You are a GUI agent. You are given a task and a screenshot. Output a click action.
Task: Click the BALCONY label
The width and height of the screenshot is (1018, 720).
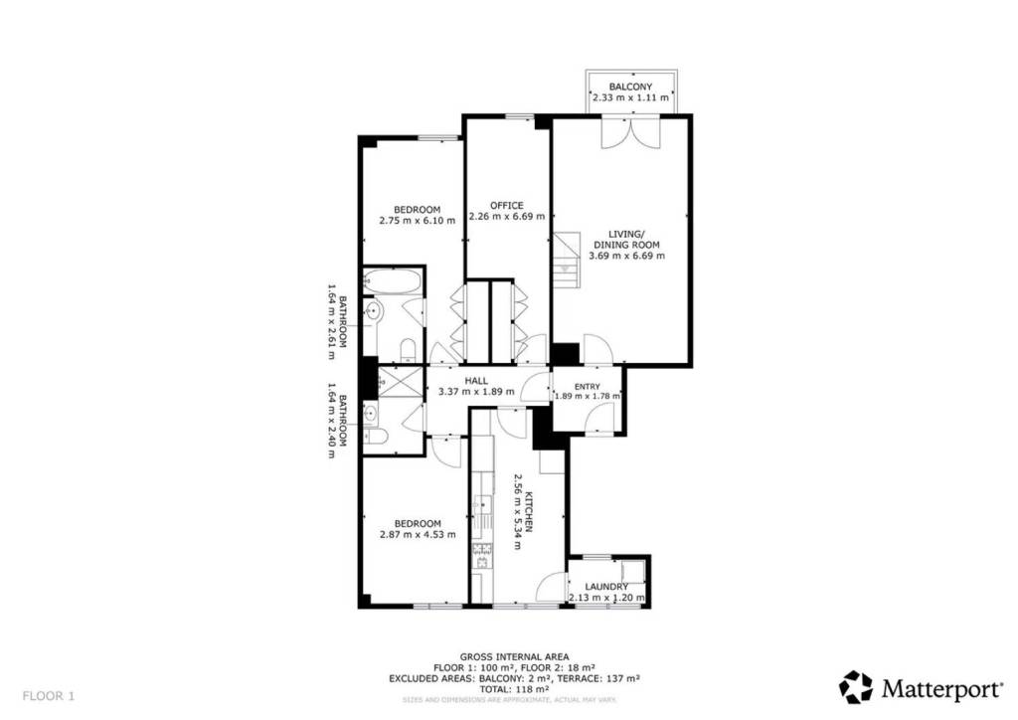[x=630, y=87]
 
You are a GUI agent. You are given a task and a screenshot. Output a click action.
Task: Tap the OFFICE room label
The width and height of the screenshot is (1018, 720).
[x=506, y=205]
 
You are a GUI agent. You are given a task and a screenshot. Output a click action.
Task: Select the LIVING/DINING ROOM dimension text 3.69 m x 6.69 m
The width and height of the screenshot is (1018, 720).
[x=626, y=256]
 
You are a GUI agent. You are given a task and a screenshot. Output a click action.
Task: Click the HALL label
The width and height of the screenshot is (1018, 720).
[x=476, y=381]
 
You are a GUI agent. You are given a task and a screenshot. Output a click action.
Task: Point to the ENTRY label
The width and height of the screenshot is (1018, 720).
[x=587, y=386]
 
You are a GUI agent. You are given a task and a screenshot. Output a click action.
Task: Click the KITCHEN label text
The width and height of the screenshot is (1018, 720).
[x=529, y=511]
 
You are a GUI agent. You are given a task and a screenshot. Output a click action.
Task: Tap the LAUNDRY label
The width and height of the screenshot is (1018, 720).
[x=606, y=587]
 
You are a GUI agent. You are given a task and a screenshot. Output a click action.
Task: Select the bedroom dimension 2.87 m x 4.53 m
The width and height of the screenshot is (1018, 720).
[x=418, y=535]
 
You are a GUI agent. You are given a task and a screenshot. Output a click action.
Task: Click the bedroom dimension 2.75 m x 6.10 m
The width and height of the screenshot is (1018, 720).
[x=417, y=221]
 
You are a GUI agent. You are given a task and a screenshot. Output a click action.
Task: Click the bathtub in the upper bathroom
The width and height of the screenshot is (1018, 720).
[x=392, y=281]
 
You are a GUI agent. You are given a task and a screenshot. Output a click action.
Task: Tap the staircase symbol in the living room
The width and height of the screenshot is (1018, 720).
[x=566, y=261]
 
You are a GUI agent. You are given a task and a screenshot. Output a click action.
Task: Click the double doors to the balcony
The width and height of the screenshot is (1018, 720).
[x=631, y=132]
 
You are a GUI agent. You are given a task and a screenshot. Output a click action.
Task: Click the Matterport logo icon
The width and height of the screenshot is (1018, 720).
[x=856, y=687]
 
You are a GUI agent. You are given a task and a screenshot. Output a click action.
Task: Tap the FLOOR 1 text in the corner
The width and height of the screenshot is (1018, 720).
[x=49, y=696]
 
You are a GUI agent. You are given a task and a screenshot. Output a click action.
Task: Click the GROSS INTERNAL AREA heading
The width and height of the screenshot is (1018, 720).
[x=514, y=657]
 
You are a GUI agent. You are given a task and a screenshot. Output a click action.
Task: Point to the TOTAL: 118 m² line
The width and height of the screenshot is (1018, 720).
[x=514, y=689]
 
